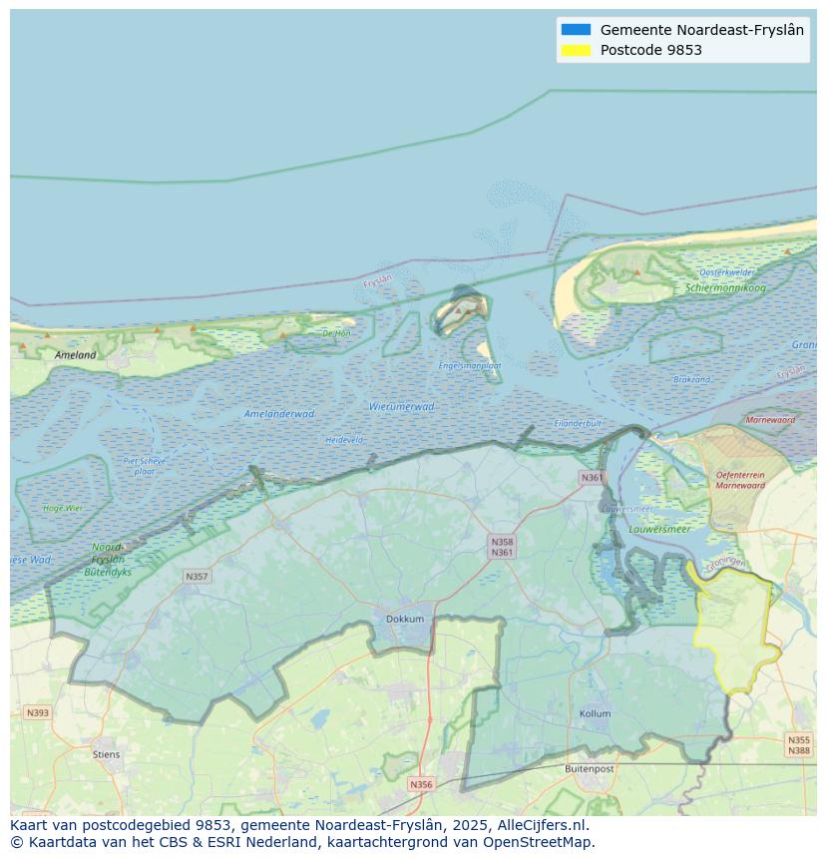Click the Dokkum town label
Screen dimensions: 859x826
click(405, 619)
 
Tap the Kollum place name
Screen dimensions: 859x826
click(596, 714)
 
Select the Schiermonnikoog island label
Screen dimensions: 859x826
click(725, 288)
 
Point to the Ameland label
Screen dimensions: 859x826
click(76, 355)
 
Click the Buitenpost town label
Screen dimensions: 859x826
click(589, 768)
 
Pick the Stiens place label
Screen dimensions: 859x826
click(106, 754)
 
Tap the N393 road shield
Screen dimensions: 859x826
click(37, 712)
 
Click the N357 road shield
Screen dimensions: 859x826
click(197, 577)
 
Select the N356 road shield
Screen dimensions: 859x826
click(422, 784)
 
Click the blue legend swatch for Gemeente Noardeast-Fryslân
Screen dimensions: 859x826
click(576, 30)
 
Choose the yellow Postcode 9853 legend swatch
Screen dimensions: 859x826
click(576, 50)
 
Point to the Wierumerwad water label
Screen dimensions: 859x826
click(402, 406)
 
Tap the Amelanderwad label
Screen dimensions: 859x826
click(279, 413)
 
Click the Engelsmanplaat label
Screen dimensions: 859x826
click(470, 366)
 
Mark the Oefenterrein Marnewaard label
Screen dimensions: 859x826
click(739, 481)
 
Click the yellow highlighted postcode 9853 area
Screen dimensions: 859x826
click(736, 629)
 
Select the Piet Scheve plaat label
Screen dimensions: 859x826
click(145, 466)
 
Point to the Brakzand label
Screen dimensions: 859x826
click(691, 379)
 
